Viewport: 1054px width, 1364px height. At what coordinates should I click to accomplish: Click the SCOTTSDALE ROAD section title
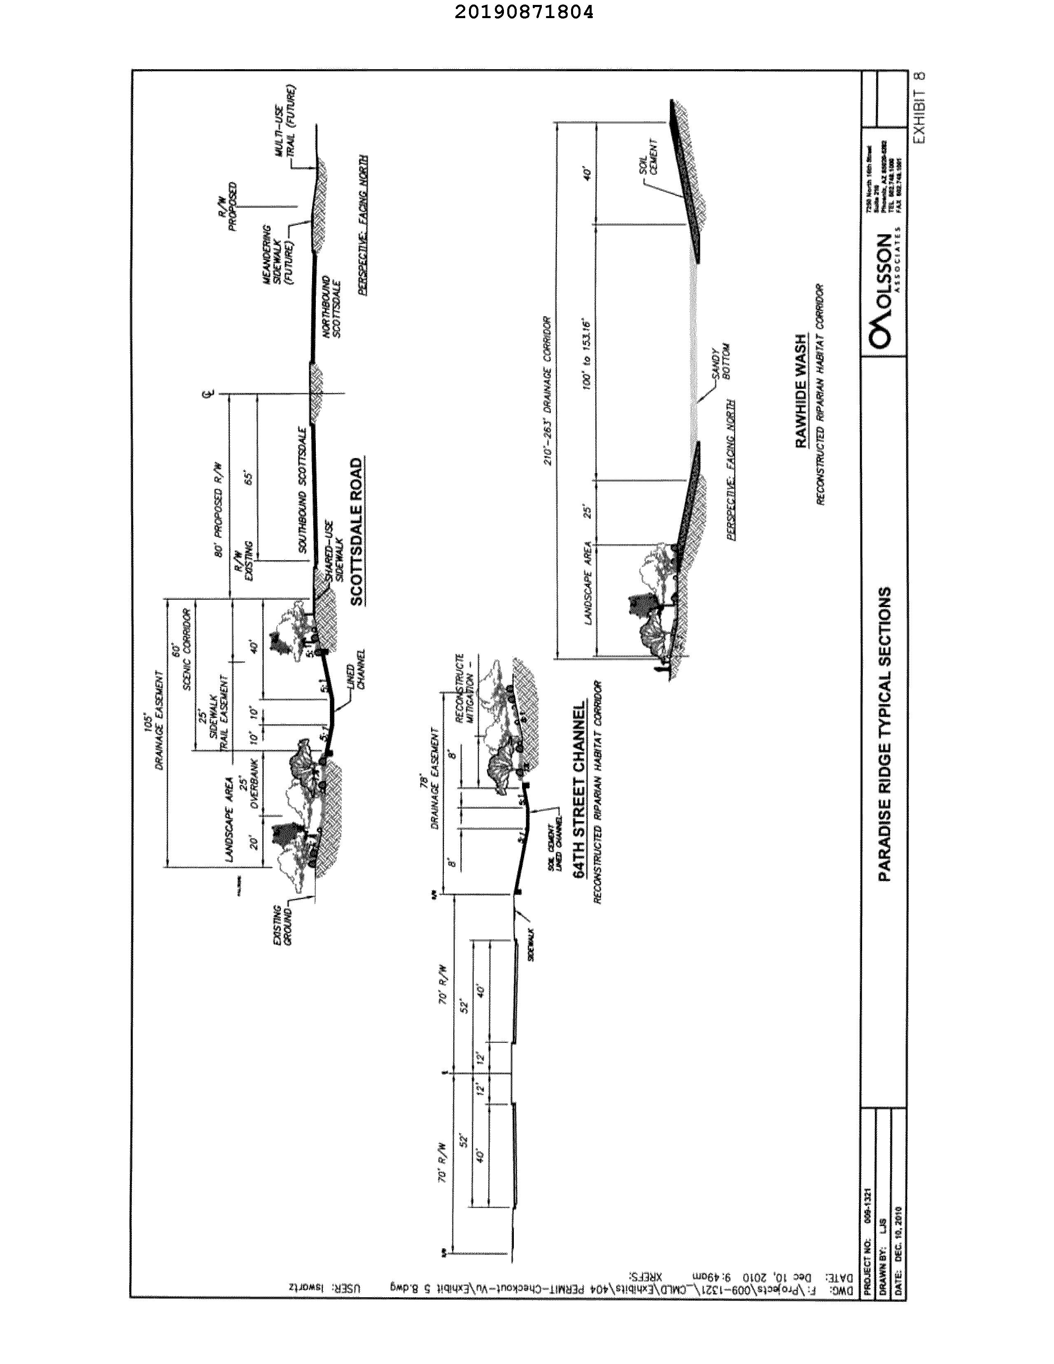(356, 532)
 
